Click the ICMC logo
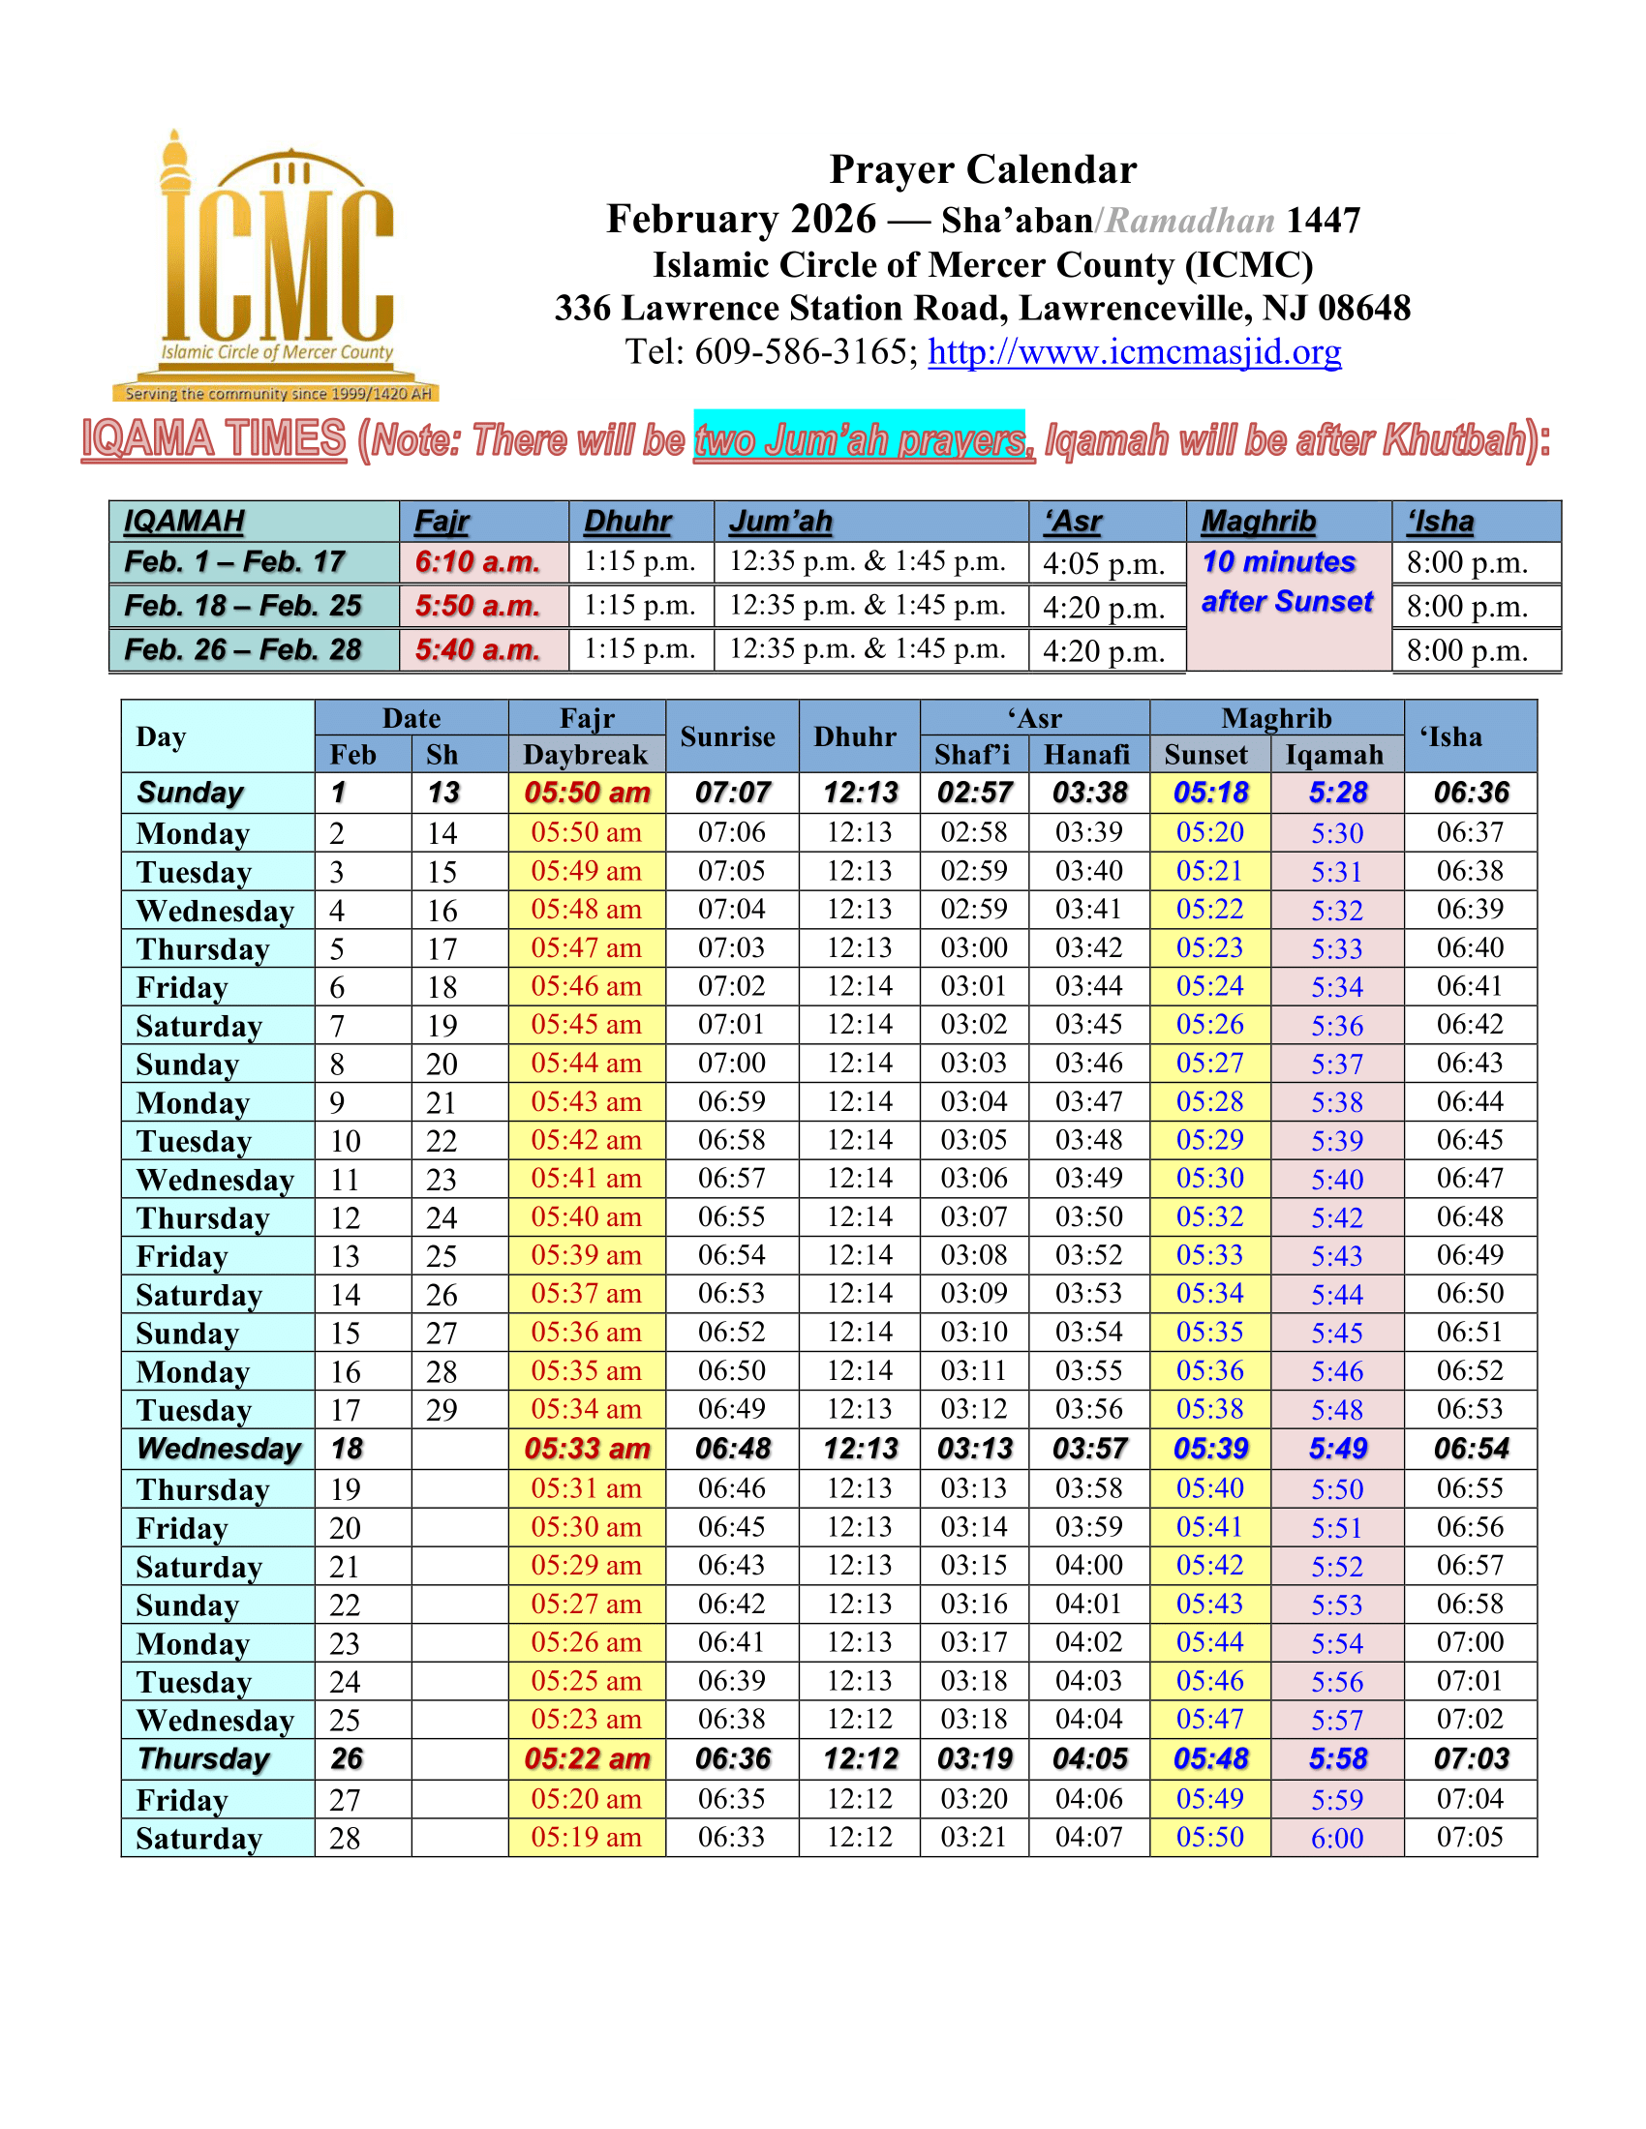(x=276, y=268)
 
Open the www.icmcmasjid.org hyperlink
(x=1134, y=352)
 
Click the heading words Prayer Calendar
(x=982, y=169)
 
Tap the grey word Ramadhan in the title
(x=1191, y=221)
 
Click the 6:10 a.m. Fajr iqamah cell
(x=477, y=562)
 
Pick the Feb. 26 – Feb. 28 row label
(x=244, y=649)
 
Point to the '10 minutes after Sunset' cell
(x=1287, y=583)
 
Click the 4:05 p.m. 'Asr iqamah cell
(x=1104, y=563)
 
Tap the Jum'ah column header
(x=781, y=522)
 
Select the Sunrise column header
(x=727, y=736)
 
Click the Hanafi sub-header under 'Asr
(x=1086, y=755)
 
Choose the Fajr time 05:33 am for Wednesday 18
(x=587, y=1449)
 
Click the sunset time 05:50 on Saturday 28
(x=1210, y=1838)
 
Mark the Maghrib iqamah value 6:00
(x=1337, y=1839)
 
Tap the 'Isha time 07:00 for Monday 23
(x=1470, y=1642)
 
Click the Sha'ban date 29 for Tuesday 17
(x=442, y=1410)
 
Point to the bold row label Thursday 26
(x=203, y=1758)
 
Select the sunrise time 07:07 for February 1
(x=732, y=793)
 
